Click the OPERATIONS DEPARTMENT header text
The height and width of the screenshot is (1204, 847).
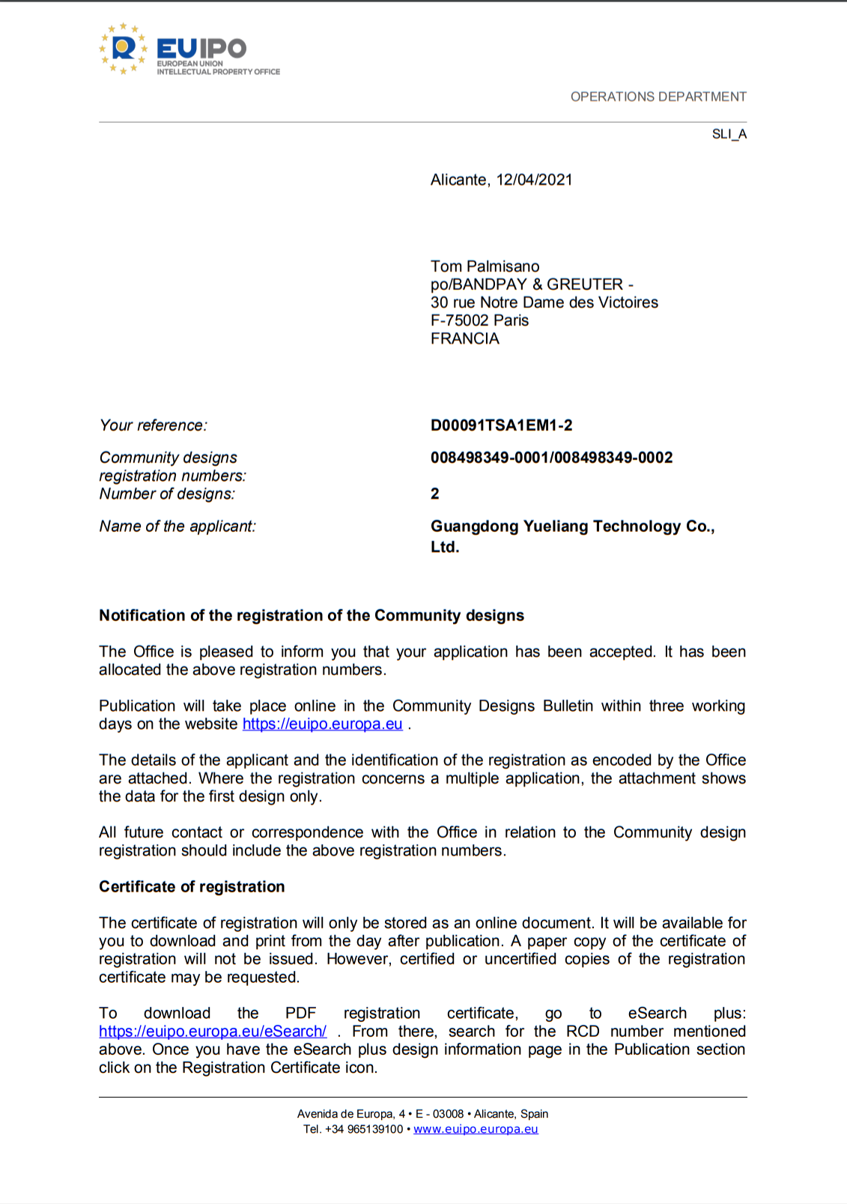658,97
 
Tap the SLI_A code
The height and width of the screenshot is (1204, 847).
729,134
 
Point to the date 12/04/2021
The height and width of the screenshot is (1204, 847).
534,180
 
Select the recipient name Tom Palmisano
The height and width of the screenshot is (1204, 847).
485,267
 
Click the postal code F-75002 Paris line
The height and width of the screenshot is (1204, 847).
479,321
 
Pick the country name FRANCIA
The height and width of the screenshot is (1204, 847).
464,339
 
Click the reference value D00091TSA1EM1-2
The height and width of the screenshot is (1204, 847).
501,426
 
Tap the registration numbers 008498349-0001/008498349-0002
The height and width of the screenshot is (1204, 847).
551,458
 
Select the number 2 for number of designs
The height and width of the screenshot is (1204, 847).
435,494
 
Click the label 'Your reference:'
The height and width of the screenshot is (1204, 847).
154,426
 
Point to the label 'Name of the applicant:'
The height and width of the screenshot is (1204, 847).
177,527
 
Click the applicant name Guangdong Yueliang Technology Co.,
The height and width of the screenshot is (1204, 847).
572,527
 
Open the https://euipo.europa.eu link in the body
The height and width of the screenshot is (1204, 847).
322,724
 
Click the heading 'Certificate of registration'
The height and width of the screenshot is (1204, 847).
192,887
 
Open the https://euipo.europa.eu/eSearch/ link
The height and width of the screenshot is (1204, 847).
213,1032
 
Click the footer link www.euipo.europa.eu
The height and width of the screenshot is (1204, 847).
476,1129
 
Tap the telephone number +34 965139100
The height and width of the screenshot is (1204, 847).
364,1129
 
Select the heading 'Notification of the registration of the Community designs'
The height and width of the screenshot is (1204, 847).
312,616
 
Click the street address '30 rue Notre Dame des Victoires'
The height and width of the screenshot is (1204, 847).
544,303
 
